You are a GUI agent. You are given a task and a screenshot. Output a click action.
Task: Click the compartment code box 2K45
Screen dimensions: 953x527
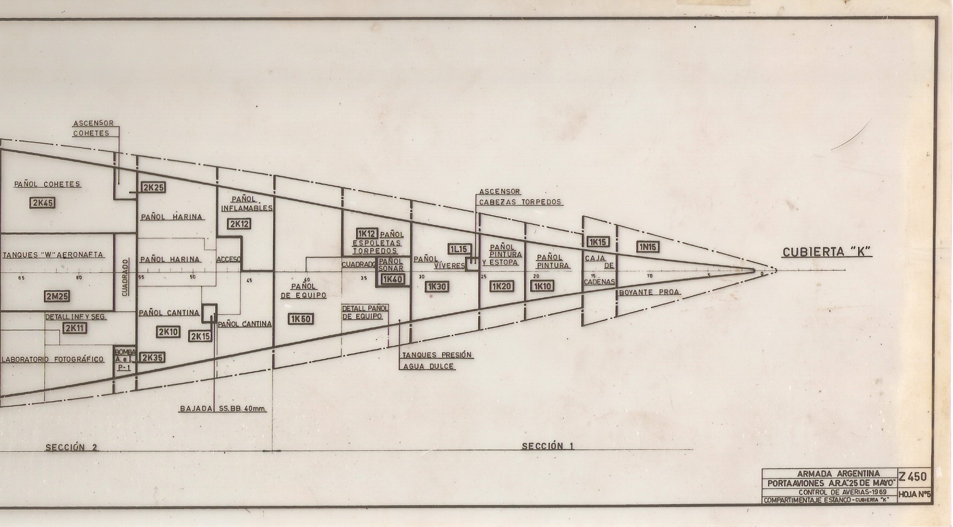pyautogui.click(x=43, y=203)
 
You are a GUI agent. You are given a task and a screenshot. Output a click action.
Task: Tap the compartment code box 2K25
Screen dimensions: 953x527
pyautogui.click(x=153, y=187)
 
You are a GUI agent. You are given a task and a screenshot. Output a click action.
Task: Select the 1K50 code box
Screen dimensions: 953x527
pyautogui.click(x=301, y=319)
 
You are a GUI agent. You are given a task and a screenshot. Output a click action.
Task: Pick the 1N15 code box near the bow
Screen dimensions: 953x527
pyautogui.click(x=648, y=247)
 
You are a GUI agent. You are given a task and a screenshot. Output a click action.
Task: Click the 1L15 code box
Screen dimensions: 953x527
pyautogui.click(x=459, y=249)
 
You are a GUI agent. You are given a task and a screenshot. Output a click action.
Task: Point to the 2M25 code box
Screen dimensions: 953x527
pyautogui.click(x=57, y=296)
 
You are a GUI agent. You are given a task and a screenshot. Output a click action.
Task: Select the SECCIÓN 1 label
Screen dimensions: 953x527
pyautogui.click(x=548, y=446)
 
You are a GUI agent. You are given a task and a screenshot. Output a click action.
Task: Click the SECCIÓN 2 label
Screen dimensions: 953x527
pyautogui.click(x=71, y=448)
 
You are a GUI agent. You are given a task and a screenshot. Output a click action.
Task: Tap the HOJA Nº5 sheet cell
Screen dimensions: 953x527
pyautogui.click(x=915, y=494)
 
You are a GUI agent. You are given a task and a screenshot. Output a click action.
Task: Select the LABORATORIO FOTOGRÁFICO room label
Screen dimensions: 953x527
pyautogui.click(x=53, y=359)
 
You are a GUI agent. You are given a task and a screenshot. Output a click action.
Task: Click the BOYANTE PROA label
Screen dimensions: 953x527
pyautogui.click(x=649, y=292)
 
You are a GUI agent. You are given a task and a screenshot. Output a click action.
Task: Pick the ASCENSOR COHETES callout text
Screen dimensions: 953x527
pyautogui.click(x=93, y=128)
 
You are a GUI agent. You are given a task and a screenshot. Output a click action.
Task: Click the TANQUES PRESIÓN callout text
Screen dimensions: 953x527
pyautogui.click(x=437, y=355)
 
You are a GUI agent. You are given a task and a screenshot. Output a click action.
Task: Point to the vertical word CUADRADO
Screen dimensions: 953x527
pyautogui.click(x=125, y=277)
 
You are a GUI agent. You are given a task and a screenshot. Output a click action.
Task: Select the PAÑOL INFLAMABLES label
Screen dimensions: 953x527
pyautogui.click(x=246, y=204)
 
